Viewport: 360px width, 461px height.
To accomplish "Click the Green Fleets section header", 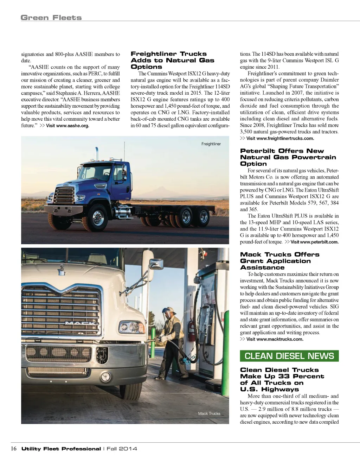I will pyautogui.click(x=51, y=18).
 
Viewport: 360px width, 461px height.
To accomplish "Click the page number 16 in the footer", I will pyautogui.click(x=14, y=448).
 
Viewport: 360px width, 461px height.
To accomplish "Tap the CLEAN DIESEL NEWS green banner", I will pyautogui.click(x=289, y=356).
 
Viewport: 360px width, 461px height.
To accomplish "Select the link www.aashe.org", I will pyautogui.click(x=67, y=126).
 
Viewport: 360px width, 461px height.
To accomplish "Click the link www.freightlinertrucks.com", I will pyautogui.click(x=280, y=138).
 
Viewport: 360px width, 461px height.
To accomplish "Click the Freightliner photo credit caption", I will pyautogui.click(x=211, y=144).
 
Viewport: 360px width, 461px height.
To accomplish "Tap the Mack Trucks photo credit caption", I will pyautogui.click(x=209, y=413).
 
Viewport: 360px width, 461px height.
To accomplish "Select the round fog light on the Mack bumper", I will pyautogui.click(x=105, y=377).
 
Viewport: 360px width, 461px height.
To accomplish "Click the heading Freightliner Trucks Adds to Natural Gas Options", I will pyautogui.click(x=172, y=60).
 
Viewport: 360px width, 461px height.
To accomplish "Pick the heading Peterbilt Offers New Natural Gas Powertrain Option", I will pyautogui.click(x=288, y=157).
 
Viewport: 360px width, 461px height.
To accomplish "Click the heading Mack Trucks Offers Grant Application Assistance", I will pyautogui.click(x=279, y=261).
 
